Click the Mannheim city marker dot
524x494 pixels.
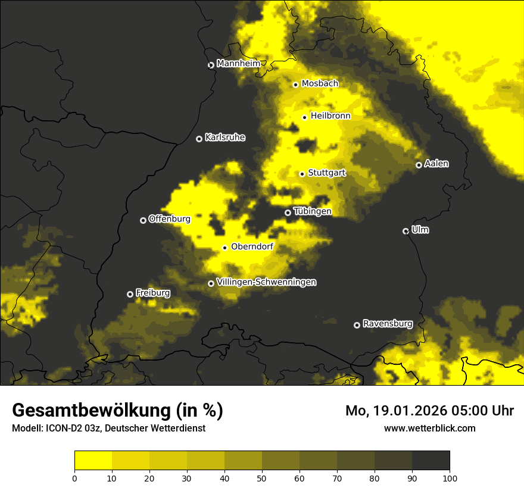click(x=211, y=65)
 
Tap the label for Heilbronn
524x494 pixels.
click(x=330, y=116)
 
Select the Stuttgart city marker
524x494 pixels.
click(x=302, y=174)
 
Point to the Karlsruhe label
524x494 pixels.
click(x=224, y=137)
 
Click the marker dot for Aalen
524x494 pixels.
click(x=419, y=165)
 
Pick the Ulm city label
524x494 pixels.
click(x=420, y=230)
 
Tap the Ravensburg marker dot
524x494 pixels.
click(x=357, y=325)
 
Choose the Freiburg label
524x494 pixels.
click(x=152, y=293)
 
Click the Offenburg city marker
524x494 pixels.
click(x=143, y=220)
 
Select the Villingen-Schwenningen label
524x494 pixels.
click(x=266, y=282)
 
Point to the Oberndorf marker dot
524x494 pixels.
click(x=224, y=248)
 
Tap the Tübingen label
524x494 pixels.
click(x=312, y=211)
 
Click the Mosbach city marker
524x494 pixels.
click(x=295, y=85)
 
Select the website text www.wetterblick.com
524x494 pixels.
click(x=429, y=428)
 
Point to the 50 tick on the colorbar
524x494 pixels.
click(x=262, y=477)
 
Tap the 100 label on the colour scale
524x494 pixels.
click(x=450, y=477)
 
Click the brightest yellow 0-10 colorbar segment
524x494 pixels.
click(x=93, y=461)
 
